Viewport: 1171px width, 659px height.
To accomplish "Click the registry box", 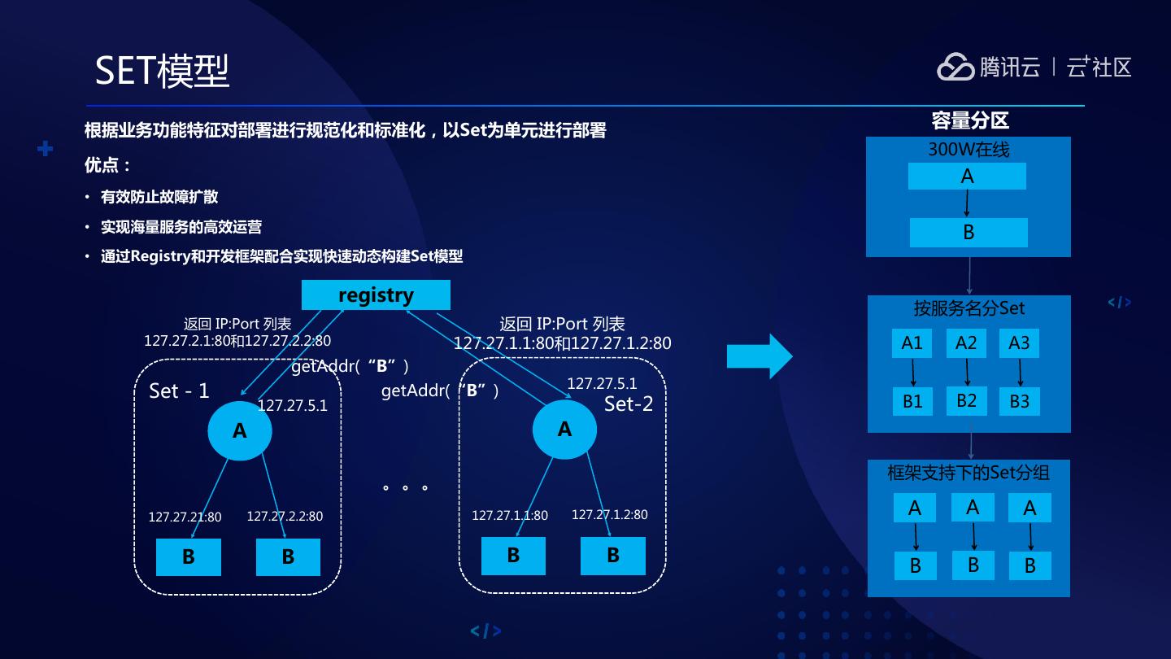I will (376, 295).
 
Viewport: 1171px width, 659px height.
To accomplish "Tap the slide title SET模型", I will (162, 72).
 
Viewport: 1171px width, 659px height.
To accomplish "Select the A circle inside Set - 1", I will (239, 430).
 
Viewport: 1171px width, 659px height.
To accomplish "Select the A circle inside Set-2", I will (564, 429).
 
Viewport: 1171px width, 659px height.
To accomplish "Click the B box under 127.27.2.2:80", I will (288, 556).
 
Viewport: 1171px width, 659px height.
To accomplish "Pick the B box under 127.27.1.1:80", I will (513, 555).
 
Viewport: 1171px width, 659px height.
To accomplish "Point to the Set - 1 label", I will (179, 391).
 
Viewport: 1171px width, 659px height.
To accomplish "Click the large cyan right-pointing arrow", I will (759, 356).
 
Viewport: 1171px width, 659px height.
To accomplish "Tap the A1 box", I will (912, 343).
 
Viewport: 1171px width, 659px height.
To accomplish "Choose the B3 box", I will (1019, 401).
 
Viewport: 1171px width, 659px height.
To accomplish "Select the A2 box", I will (966, 343).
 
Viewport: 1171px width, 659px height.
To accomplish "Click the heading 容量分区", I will (969, 120).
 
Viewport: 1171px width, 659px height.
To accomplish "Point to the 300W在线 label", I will (969, 150).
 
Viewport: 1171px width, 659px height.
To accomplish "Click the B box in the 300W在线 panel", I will (969, 233).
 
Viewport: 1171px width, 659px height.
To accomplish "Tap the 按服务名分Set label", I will (969, 308).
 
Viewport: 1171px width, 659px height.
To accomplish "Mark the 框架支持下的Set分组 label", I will (969, 472).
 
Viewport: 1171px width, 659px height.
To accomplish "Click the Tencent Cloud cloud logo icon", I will (956, 68).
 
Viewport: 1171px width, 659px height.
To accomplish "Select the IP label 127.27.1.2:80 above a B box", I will (610, 514).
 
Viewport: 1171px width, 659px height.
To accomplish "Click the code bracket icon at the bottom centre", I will (485, 631).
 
